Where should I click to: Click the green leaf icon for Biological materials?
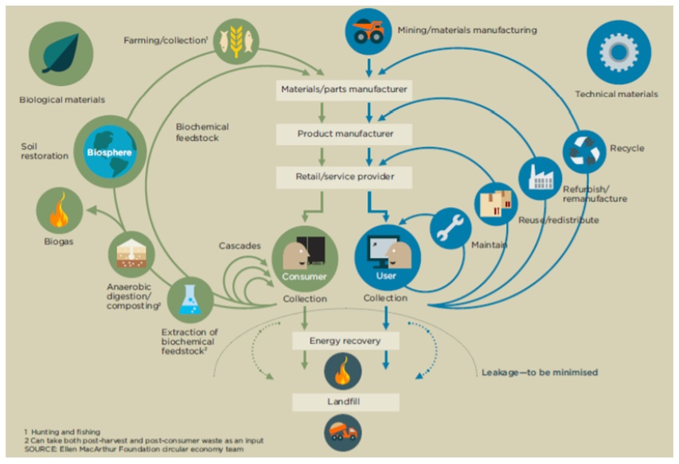(x=60, y=55)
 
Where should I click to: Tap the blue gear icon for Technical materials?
(x=618, y=53)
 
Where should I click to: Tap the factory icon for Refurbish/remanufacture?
(x=540, y=178)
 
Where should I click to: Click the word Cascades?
(x=240, y=246)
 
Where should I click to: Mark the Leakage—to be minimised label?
(x=539, y=372)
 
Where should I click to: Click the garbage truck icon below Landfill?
(x=344, y=435)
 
